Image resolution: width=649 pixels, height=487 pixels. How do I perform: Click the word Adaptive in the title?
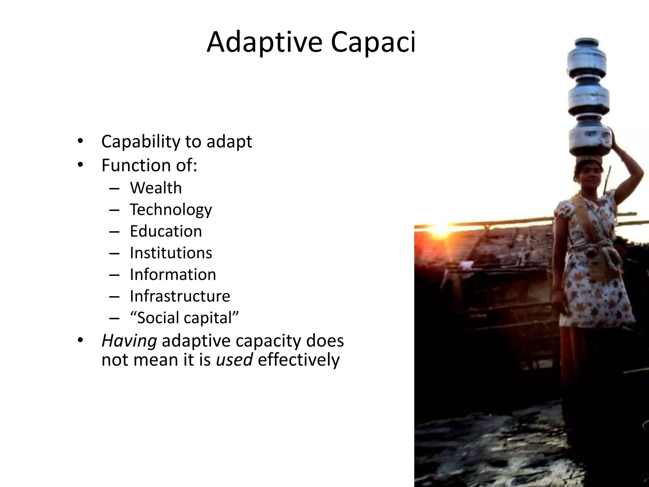[x=264, y=42]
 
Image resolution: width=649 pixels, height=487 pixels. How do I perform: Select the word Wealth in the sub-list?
[x=156, y=188]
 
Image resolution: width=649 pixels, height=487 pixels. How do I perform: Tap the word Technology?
[x=171, y=210]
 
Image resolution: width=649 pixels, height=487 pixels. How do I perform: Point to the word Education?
[x=166, y=231]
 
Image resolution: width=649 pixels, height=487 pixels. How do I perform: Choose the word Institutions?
[x=171, y=253]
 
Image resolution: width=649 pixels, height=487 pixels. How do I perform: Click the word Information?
[x=173, y=275]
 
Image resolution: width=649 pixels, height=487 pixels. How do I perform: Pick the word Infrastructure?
[x=180, y=296]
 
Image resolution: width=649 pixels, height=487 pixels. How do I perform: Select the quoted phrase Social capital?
[x=184, y=318]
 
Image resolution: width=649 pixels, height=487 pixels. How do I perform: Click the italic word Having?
[x=129, y=341]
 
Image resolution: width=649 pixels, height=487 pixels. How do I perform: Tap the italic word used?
[x=234, y=360]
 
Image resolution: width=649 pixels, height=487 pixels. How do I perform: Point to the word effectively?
[x=299, y=360]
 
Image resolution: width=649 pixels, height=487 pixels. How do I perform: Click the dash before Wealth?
[x=114, y=189]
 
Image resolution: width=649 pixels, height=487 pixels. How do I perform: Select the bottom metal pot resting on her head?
[x=590, y=141]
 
